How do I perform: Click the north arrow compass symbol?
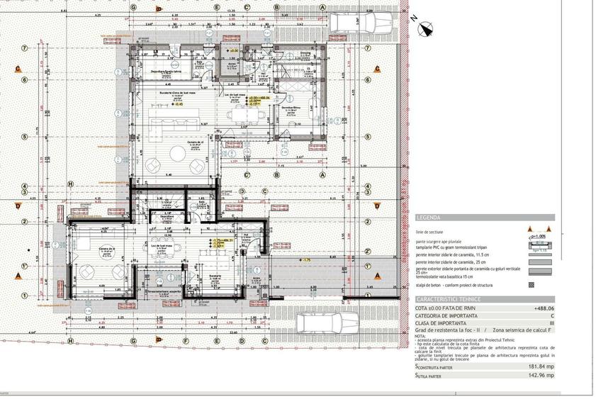pyautogui.click(x=426, y=29)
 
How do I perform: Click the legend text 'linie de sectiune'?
pyautogui.click(x=429, y=232)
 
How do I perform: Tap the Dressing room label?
pyautogui.click(x=305, y=53)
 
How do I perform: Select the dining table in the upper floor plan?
pyautogui.click(x=240, y=113)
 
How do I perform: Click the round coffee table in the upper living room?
pyautogui.click(x=154, y=164)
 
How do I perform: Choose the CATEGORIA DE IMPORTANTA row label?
pyautogui.click(x=447, y=316)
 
